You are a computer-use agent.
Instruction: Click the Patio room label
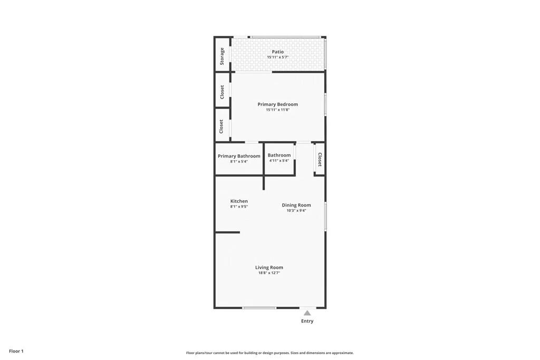pos(277,52)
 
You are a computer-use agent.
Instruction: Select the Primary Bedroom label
pos(277,104)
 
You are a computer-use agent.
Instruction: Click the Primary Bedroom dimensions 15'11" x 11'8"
pos(277,110)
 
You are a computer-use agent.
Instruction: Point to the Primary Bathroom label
pos(239,156)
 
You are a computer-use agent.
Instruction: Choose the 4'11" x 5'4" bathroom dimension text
pos(279,161)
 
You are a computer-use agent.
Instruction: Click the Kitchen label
pos(239,201)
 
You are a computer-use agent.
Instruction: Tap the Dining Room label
pos(296,205)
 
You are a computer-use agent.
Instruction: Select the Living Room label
pos(269,268)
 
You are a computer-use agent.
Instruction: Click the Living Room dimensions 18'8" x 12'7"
pos(269,273)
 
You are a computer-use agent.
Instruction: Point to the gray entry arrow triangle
pos(307,313)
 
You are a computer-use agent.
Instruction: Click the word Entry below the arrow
pos(307,321)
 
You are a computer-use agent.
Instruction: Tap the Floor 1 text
pos(16,351)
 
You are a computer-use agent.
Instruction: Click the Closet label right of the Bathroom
pos(320,160)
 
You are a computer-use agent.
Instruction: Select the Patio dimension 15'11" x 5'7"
pos(277,57)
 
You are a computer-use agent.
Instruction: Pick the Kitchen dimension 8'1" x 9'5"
pos(239,207)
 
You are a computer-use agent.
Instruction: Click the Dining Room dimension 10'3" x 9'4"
pos(296,210)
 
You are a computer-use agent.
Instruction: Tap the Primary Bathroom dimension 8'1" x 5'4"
pos(239,161)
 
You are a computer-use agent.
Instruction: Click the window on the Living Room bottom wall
pos(259,308)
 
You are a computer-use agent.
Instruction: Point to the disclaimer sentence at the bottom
pos(269,353)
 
